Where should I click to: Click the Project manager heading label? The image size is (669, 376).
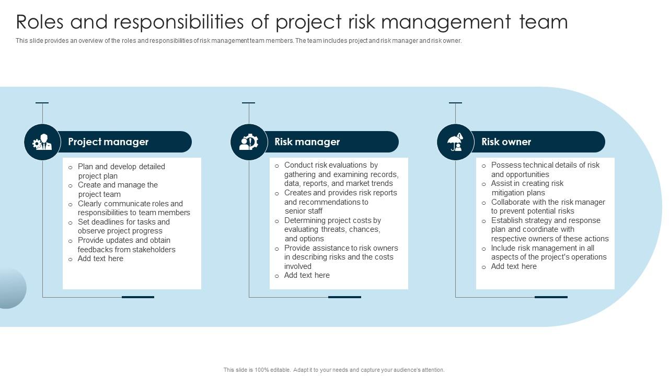[x=108, y=142]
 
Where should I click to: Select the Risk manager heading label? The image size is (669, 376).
[x=307, y=142]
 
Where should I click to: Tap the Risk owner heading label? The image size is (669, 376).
[x=506, y=142]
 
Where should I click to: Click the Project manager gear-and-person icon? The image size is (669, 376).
[x=42, y=142]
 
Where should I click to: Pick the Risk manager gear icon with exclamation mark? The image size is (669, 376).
[x=249, y=142]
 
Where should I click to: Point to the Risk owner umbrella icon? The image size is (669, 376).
[x=455, y=142]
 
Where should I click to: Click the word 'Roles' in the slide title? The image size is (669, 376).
[x=40, y=22]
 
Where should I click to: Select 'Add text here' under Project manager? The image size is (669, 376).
[x=100, y=258]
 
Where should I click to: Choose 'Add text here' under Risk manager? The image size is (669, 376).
[x=307, y=275]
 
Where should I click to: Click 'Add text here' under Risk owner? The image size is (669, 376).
[x=514, y=266]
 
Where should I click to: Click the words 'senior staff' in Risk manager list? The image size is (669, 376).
[x=304, y=211]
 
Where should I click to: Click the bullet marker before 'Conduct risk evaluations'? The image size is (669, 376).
[x=277, y=166]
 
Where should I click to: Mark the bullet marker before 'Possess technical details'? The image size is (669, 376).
[x=483, y=166]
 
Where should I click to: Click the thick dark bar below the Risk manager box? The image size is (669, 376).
[x=344, y=297]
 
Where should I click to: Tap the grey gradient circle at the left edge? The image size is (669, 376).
[x=12, y=288]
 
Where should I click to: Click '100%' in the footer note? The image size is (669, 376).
[x=262, y=370]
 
